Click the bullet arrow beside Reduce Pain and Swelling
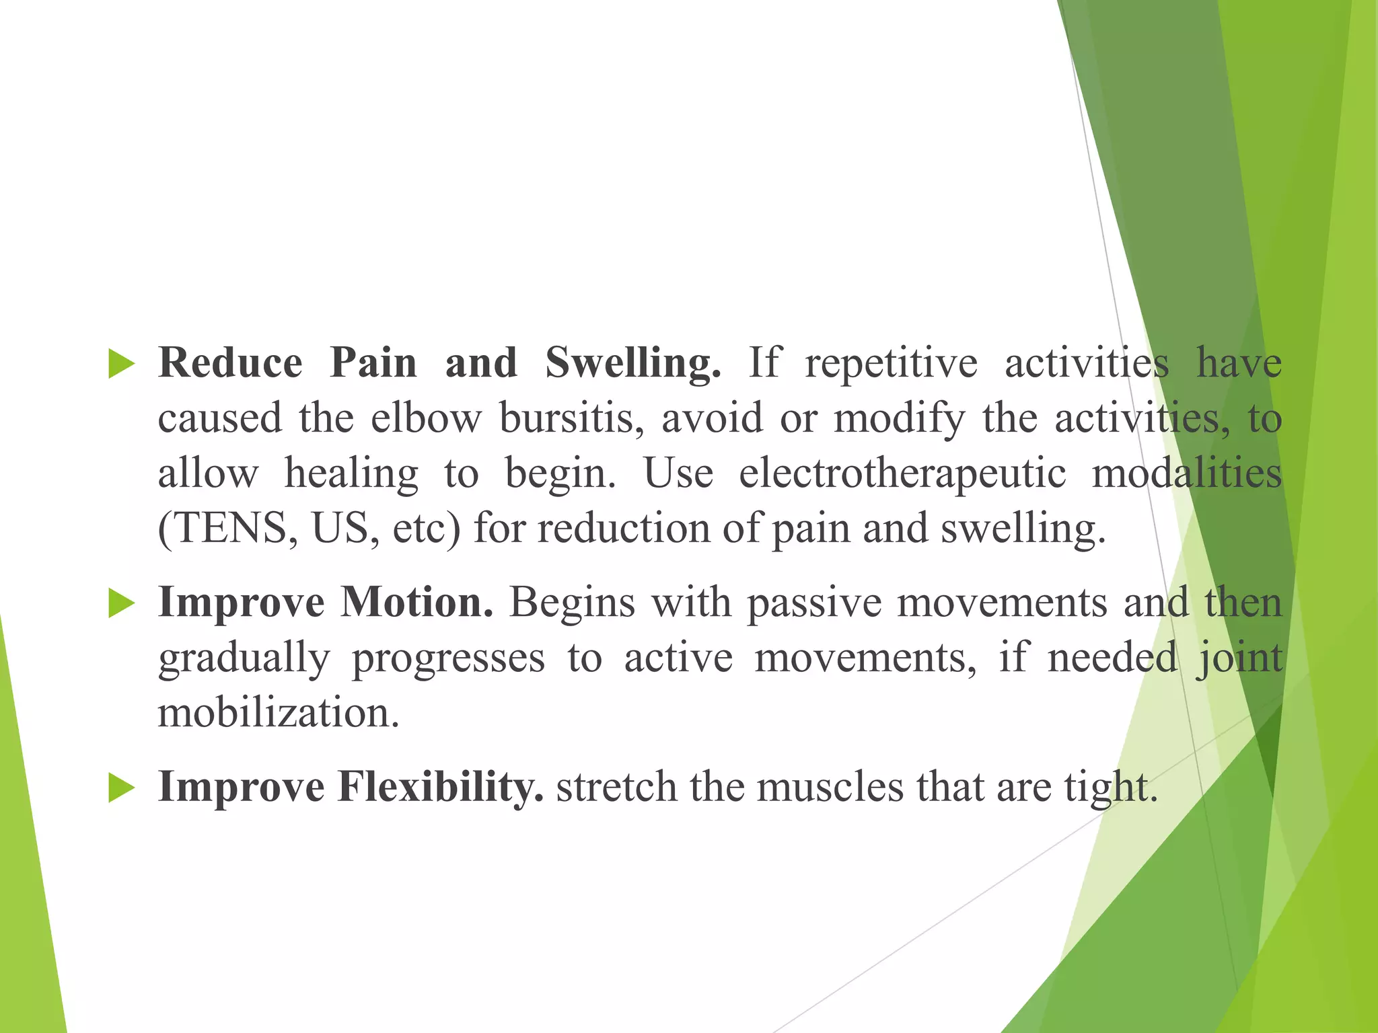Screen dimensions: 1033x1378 coord(122,365)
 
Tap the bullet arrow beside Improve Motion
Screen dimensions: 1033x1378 coord(122,603)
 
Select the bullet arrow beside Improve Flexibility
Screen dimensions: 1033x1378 coord(122,788)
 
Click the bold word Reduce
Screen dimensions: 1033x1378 coord(230,363)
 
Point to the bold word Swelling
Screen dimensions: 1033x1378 coord(632,363)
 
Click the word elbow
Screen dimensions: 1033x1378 coord(426,418)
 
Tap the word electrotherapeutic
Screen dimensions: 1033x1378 coord(902,474)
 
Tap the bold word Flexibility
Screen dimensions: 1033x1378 coord(441,787)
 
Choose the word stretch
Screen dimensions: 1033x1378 coord(616,787)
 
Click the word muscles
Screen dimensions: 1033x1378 coord(830,787)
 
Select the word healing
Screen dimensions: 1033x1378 coord(351,474)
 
